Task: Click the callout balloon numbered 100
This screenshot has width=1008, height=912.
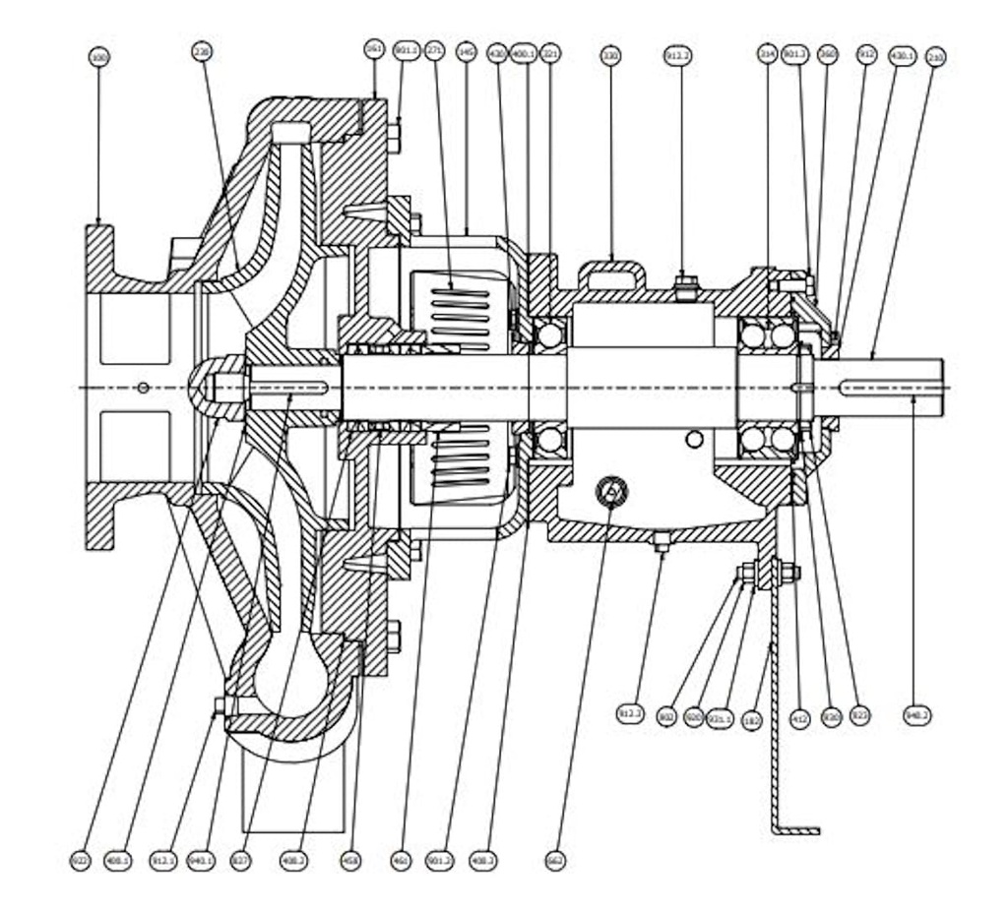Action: point(98,58)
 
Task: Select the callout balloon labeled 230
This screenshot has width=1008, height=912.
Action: point(203,52)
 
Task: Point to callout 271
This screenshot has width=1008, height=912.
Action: point(435,51)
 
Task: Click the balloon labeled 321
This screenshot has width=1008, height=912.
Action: point(550,53)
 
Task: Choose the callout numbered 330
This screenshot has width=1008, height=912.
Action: point(610,56)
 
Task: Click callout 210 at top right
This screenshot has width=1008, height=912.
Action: point(935,58)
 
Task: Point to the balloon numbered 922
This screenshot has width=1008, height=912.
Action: point(80,860)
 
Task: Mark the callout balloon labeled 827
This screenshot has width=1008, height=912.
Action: point(241,860)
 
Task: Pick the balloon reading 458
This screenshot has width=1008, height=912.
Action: point(350,860)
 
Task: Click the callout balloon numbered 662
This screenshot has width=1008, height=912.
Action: point(555,860)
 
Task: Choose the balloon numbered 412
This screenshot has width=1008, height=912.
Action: point(800,719)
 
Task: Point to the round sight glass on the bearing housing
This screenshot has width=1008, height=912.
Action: point(611,488)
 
